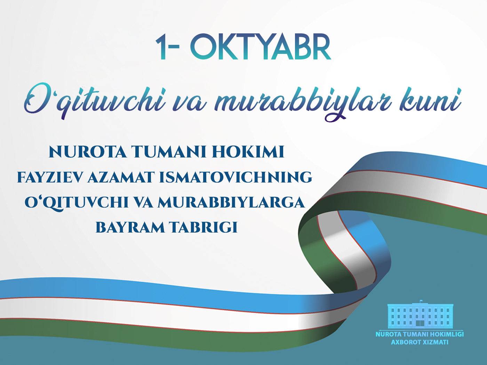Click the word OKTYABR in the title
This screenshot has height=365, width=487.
(261, 47)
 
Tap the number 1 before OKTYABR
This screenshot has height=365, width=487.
(161, 47)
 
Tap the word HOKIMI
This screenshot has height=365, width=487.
(248, 152)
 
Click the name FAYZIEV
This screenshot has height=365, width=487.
(50, 177)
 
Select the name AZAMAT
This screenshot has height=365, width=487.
(121, 177)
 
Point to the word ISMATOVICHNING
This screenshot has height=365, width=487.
(236, 177)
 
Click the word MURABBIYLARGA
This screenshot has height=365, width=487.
(231, 202)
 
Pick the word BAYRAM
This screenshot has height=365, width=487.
(130, 227)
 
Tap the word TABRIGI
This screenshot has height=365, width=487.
(203, 227)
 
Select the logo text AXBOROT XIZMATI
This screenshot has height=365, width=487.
(420, 342)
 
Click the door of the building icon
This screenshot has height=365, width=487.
(420, 324)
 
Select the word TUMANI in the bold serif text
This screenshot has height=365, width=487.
(169, 152)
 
